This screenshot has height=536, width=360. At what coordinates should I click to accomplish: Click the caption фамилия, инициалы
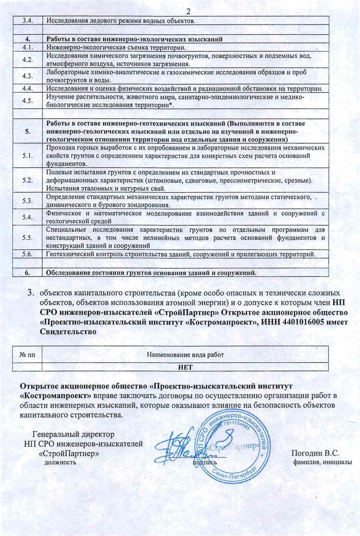320,462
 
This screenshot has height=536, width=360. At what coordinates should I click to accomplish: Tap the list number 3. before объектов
31,293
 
